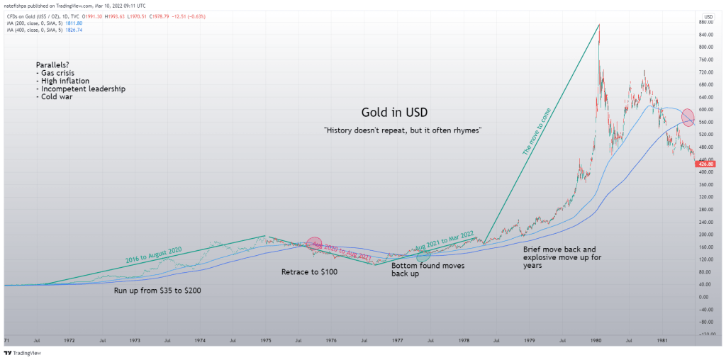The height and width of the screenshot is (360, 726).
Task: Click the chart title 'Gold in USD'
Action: pos(394,113)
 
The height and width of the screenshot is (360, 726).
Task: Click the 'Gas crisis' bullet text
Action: pos(57,73)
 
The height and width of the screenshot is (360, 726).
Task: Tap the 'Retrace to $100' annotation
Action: pos(309,271)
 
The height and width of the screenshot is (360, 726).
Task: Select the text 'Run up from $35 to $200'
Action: pos(158,291)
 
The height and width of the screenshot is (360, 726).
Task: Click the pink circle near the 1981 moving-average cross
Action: pos(688,116)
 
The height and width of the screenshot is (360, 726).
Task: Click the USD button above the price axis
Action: pos(708,16)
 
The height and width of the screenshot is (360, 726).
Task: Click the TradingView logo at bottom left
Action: pos(23,352)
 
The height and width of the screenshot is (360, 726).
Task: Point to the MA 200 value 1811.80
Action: pos(74,23)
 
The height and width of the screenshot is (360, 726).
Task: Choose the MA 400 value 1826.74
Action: pos(74,30)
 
